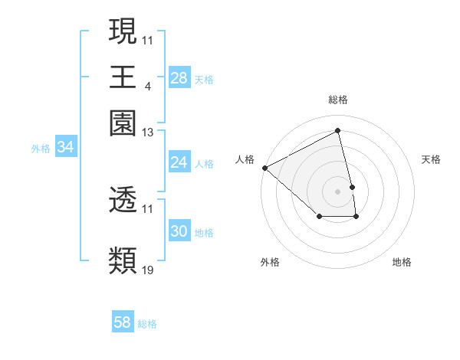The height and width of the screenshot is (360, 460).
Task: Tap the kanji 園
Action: click(123, 124)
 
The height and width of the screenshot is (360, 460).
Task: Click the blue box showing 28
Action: click(179, 78)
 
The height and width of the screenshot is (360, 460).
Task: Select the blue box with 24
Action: click(179, 162)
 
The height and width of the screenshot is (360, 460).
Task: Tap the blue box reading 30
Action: click(179, 231)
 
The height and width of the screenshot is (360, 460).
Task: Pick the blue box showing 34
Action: click(65, 148)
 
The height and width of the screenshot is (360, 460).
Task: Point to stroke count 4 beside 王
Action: click(147, 85)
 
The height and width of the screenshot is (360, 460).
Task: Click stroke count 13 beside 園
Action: click(148, 133)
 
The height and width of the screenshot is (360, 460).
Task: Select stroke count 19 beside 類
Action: click(148, 270)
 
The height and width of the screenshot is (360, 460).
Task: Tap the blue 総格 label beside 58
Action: click(147, 324)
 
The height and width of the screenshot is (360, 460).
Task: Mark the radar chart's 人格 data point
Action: click(264, 168)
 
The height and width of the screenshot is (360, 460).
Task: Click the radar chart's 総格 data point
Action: click(338, 131)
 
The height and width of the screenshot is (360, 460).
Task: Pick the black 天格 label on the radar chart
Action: click(431, 159)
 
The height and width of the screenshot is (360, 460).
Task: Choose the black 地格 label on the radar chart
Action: click(402, 262)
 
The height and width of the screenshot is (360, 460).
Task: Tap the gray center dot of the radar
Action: click(338, 191)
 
